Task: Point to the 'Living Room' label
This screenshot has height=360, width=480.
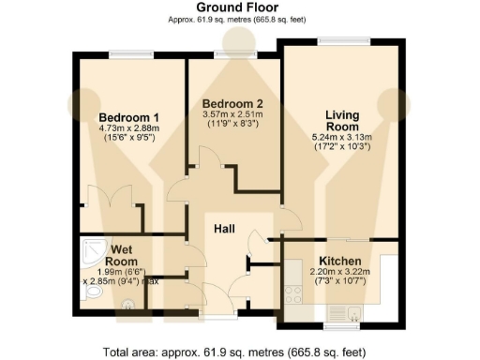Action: coord(342,121)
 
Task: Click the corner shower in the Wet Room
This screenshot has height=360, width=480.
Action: coord(91,248)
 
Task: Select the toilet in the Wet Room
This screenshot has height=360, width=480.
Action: coord(90,294)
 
